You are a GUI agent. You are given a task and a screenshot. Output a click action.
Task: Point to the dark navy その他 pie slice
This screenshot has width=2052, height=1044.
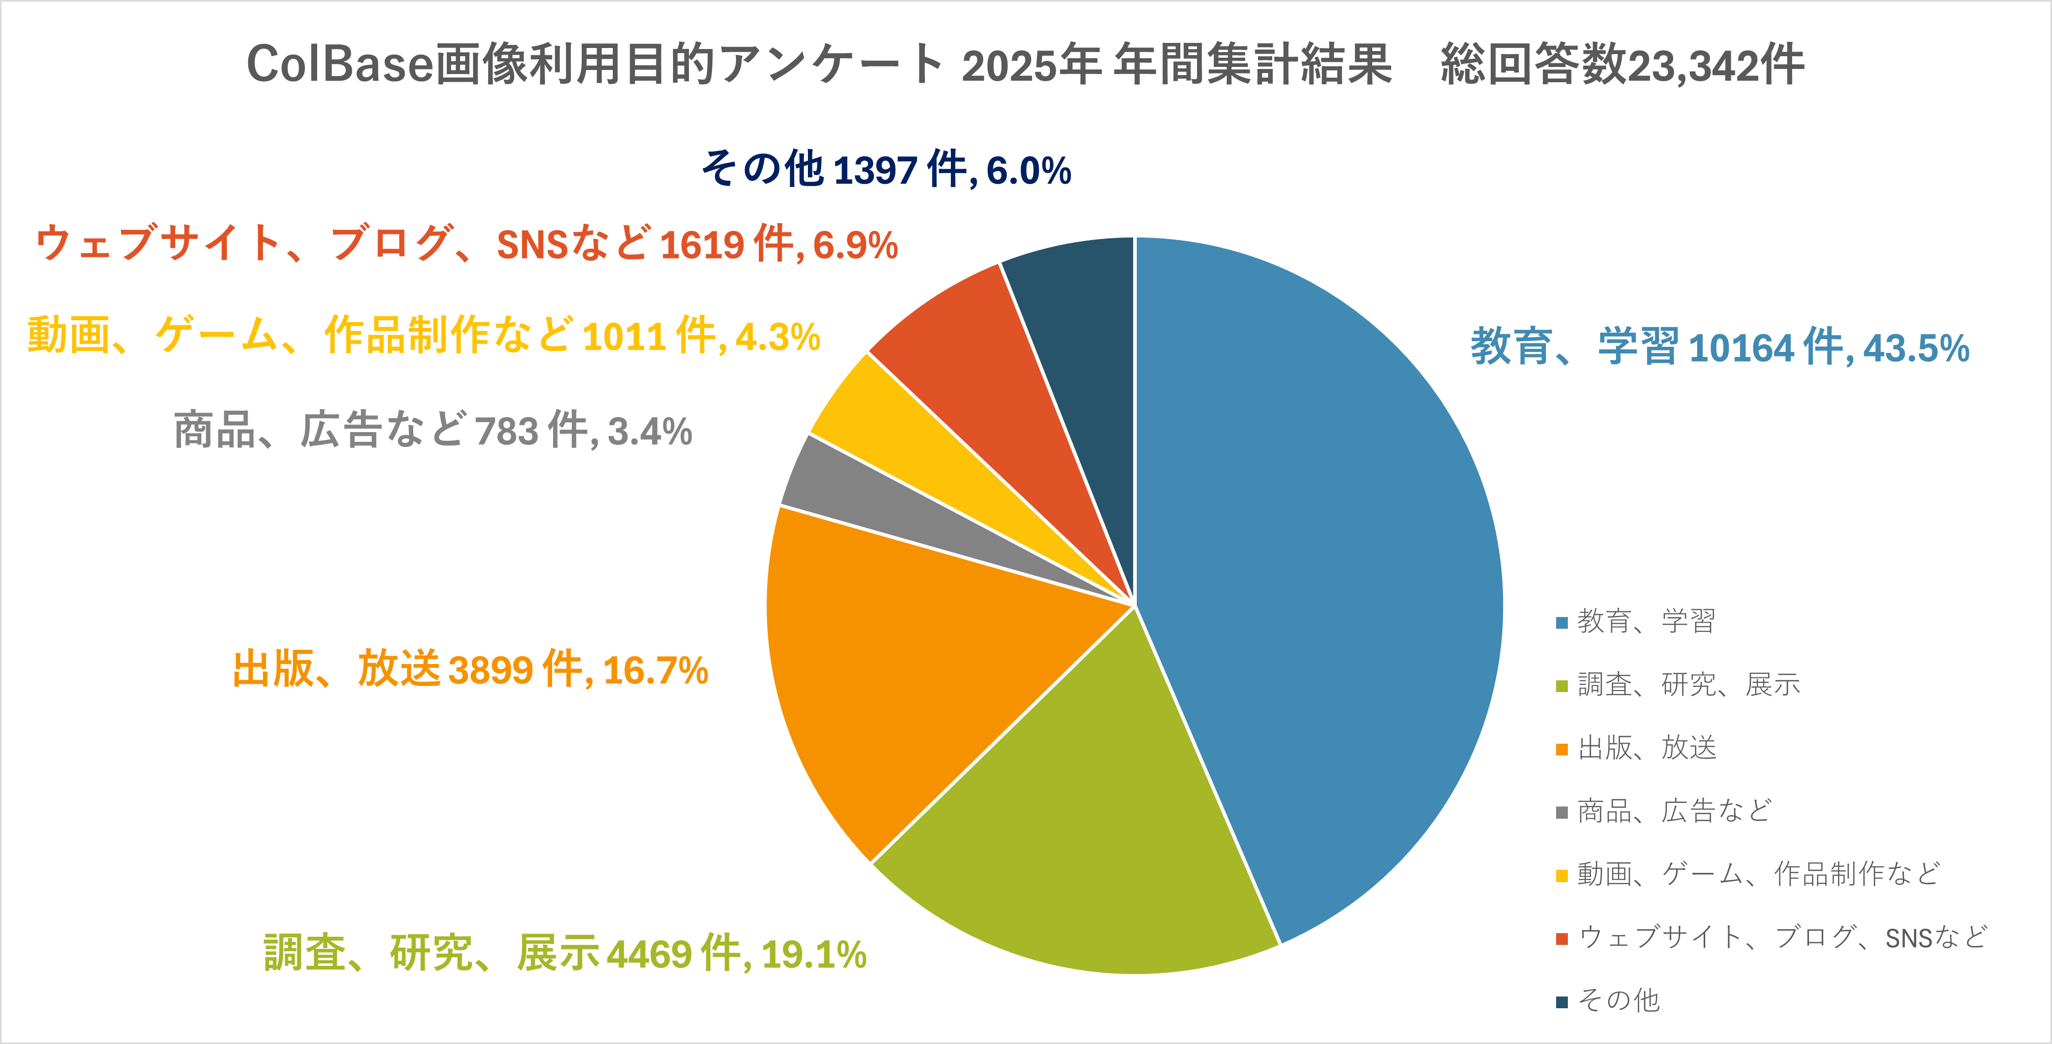pos(1083,343)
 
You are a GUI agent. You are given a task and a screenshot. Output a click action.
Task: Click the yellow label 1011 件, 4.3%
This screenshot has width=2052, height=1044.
pos(423,335)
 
